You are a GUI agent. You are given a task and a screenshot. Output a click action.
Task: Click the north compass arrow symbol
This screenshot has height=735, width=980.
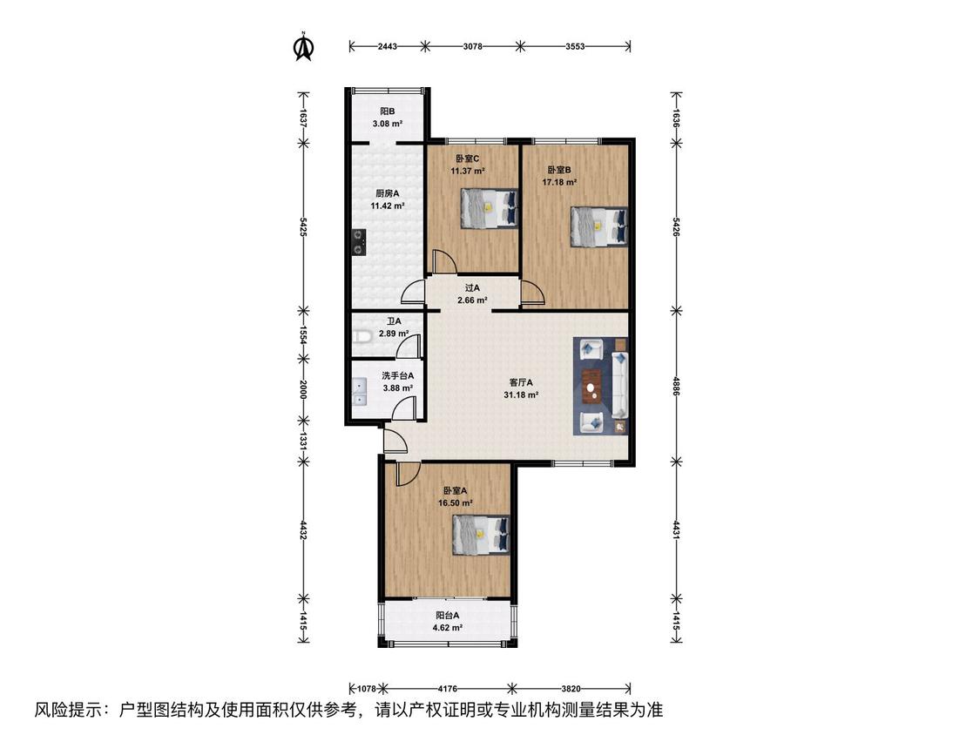pyautogui.click(x=304, y=47)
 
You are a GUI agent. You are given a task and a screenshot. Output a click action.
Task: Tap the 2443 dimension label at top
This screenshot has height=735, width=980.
pyautogui.click(x=388, y=45)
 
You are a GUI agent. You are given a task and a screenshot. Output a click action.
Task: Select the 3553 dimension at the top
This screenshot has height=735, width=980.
pyautogui.click(x=574, y=45)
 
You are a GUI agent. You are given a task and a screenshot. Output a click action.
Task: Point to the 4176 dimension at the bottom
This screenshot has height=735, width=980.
pyautogui.click(x=447, y=689)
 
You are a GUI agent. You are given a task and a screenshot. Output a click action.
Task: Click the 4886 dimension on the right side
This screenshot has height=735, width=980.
pyautogui.click(x=676, y=386)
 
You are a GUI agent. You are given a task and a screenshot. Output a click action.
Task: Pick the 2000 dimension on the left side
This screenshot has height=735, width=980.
pyautogui.click(x=303, y=389)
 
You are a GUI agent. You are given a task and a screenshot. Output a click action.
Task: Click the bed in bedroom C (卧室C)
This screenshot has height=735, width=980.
pyautogui.click(x=490, y=209)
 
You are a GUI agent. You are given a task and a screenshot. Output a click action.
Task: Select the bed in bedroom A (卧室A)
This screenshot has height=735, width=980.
pyautogui.click(x=481, y=535)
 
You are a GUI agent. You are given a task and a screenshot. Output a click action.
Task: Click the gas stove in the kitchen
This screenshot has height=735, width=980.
pyautogui.click(x=358, y=242)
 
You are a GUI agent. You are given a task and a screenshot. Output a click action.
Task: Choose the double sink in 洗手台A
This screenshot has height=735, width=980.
pyautogui.click(x=360, y=393)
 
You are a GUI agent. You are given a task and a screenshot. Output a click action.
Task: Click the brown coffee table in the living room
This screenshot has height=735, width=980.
pyautogui.click(x=591, y=384)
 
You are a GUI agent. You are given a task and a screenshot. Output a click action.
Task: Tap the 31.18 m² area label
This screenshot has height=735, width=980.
pyautogui.click(x=521, y=395)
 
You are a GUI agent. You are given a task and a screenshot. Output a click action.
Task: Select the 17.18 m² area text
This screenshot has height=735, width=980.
pyautogui.click(x=558, y=183)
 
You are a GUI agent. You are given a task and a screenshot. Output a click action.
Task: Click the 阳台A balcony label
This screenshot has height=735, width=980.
pyautogui.click(x=448, y=615)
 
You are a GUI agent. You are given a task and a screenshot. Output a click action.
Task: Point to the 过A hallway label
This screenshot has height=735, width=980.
pyautogui.click(x=472, y=288)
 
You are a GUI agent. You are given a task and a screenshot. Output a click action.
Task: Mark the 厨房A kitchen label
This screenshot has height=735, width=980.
pyautogui.click(x=387, y=193)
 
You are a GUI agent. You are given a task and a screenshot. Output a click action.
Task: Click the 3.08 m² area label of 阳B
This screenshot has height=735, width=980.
pyautogui.click(x=387, y=124)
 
